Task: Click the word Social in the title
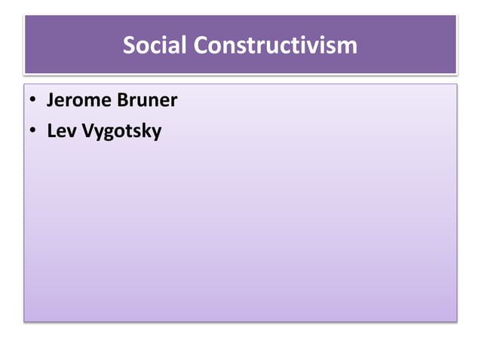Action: (x=155, y=45)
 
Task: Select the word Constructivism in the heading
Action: (x=275, y=45)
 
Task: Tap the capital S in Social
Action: (x=130, y=45)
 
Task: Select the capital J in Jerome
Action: (x=51, y=100)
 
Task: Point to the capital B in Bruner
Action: (x=122, y=100)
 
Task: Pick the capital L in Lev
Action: (x=51, y=131)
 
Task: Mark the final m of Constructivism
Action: (x=348, y=47)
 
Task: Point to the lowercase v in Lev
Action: (x=71, y=133)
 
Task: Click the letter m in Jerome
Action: (x=95, y=102)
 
